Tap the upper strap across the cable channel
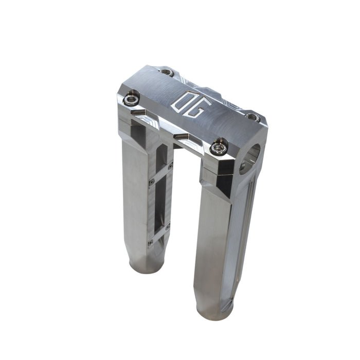coord(160,173)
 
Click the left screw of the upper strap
coord(151,182)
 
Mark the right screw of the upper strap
coord(170,166)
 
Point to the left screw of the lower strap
coord(150,242)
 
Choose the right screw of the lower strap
coord(168,226)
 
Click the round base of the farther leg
coord(144,266)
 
